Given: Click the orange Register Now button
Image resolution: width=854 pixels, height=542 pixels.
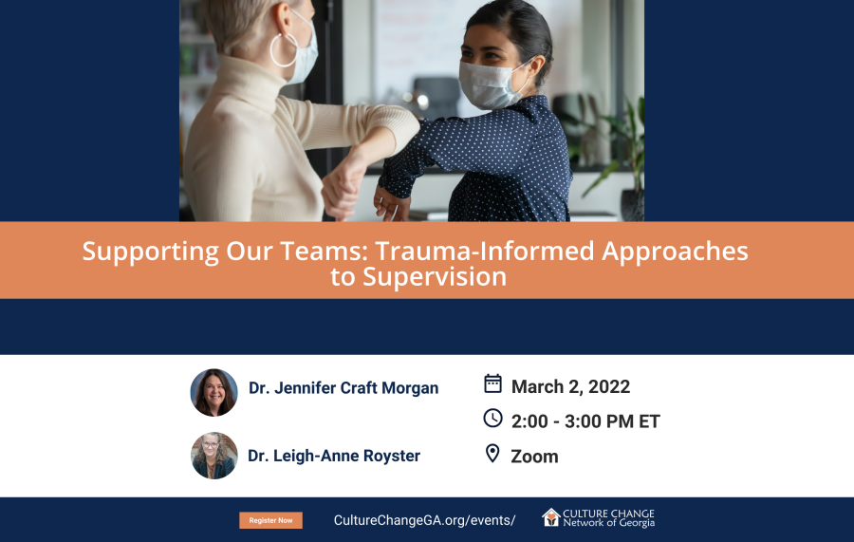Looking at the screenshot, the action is (x=270, y=520).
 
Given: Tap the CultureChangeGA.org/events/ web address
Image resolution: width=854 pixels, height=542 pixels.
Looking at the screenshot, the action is (x=424, y=520).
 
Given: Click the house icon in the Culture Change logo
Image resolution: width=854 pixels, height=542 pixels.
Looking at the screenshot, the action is (x=550, y=517).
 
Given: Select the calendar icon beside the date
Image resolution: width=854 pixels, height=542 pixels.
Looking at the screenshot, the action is (x=492, y=383).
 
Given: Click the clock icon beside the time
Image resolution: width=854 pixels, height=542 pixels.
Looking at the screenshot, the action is (x=492, y=419).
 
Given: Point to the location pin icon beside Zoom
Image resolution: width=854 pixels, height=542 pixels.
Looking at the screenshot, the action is (x=492, y=453).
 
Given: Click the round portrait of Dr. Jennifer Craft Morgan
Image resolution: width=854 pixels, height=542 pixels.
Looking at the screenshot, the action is (x=214, y=393).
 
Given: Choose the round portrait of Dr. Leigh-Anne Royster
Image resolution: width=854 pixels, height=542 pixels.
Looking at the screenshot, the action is (x=214, y=456).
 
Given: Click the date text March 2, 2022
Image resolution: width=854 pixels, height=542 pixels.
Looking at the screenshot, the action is (x=570, y=386).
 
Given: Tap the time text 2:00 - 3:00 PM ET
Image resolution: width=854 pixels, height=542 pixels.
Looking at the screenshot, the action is (x=585, y=421).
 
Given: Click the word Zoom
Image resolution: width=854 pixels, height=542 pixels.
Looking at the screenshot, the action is (x=534, y=457).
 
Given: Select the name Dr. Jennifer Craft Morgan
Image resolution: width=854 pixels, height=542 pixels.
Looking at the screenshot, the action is (x=343, y=388).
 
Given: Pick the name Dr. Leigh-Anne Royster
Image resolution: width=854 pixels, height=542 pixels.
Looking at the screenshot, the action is (x=334, y=456).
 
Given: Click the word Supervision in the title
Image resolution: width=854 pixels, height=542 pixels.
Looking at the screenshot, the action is (x=435, y=277).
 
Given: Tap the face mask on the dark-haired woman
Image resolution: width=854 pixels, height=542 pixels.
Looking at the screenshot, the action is (x=492, y=84).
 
